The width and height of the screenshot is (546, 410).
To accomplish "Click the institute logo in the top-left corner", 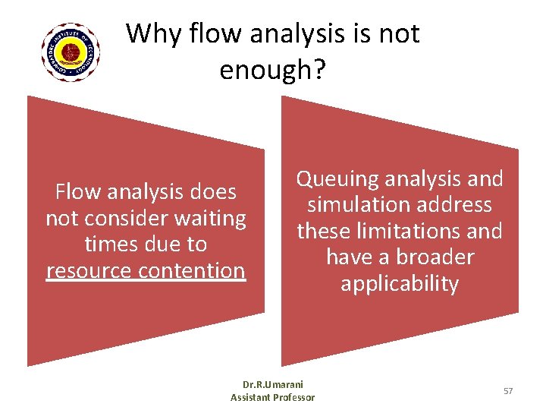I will pos(71,52).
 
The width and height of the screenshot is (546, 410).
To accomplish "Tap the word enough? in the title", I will pos(272,70).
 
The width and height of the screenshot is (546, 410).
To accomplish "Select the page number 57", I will pos(508,390).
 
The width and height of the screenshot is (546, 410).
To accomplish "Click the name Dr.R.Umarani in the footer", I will pos(272,386).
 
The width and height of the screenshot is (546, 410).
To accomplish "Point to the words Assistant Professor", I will pos(272,398).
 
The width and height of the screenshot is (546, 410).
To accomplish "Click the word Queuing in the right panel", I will pos(337,180).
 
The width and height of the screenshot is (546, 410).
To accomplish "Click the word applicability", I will pos(400,283).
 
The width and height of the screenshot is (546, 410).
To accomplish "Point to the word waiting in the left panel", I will pos(208,219).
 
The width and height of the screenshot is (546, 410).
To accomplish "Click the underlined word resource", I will pos(89,270).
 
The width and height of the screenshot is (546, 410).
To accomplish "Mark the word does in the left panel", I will pos(213,193).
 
